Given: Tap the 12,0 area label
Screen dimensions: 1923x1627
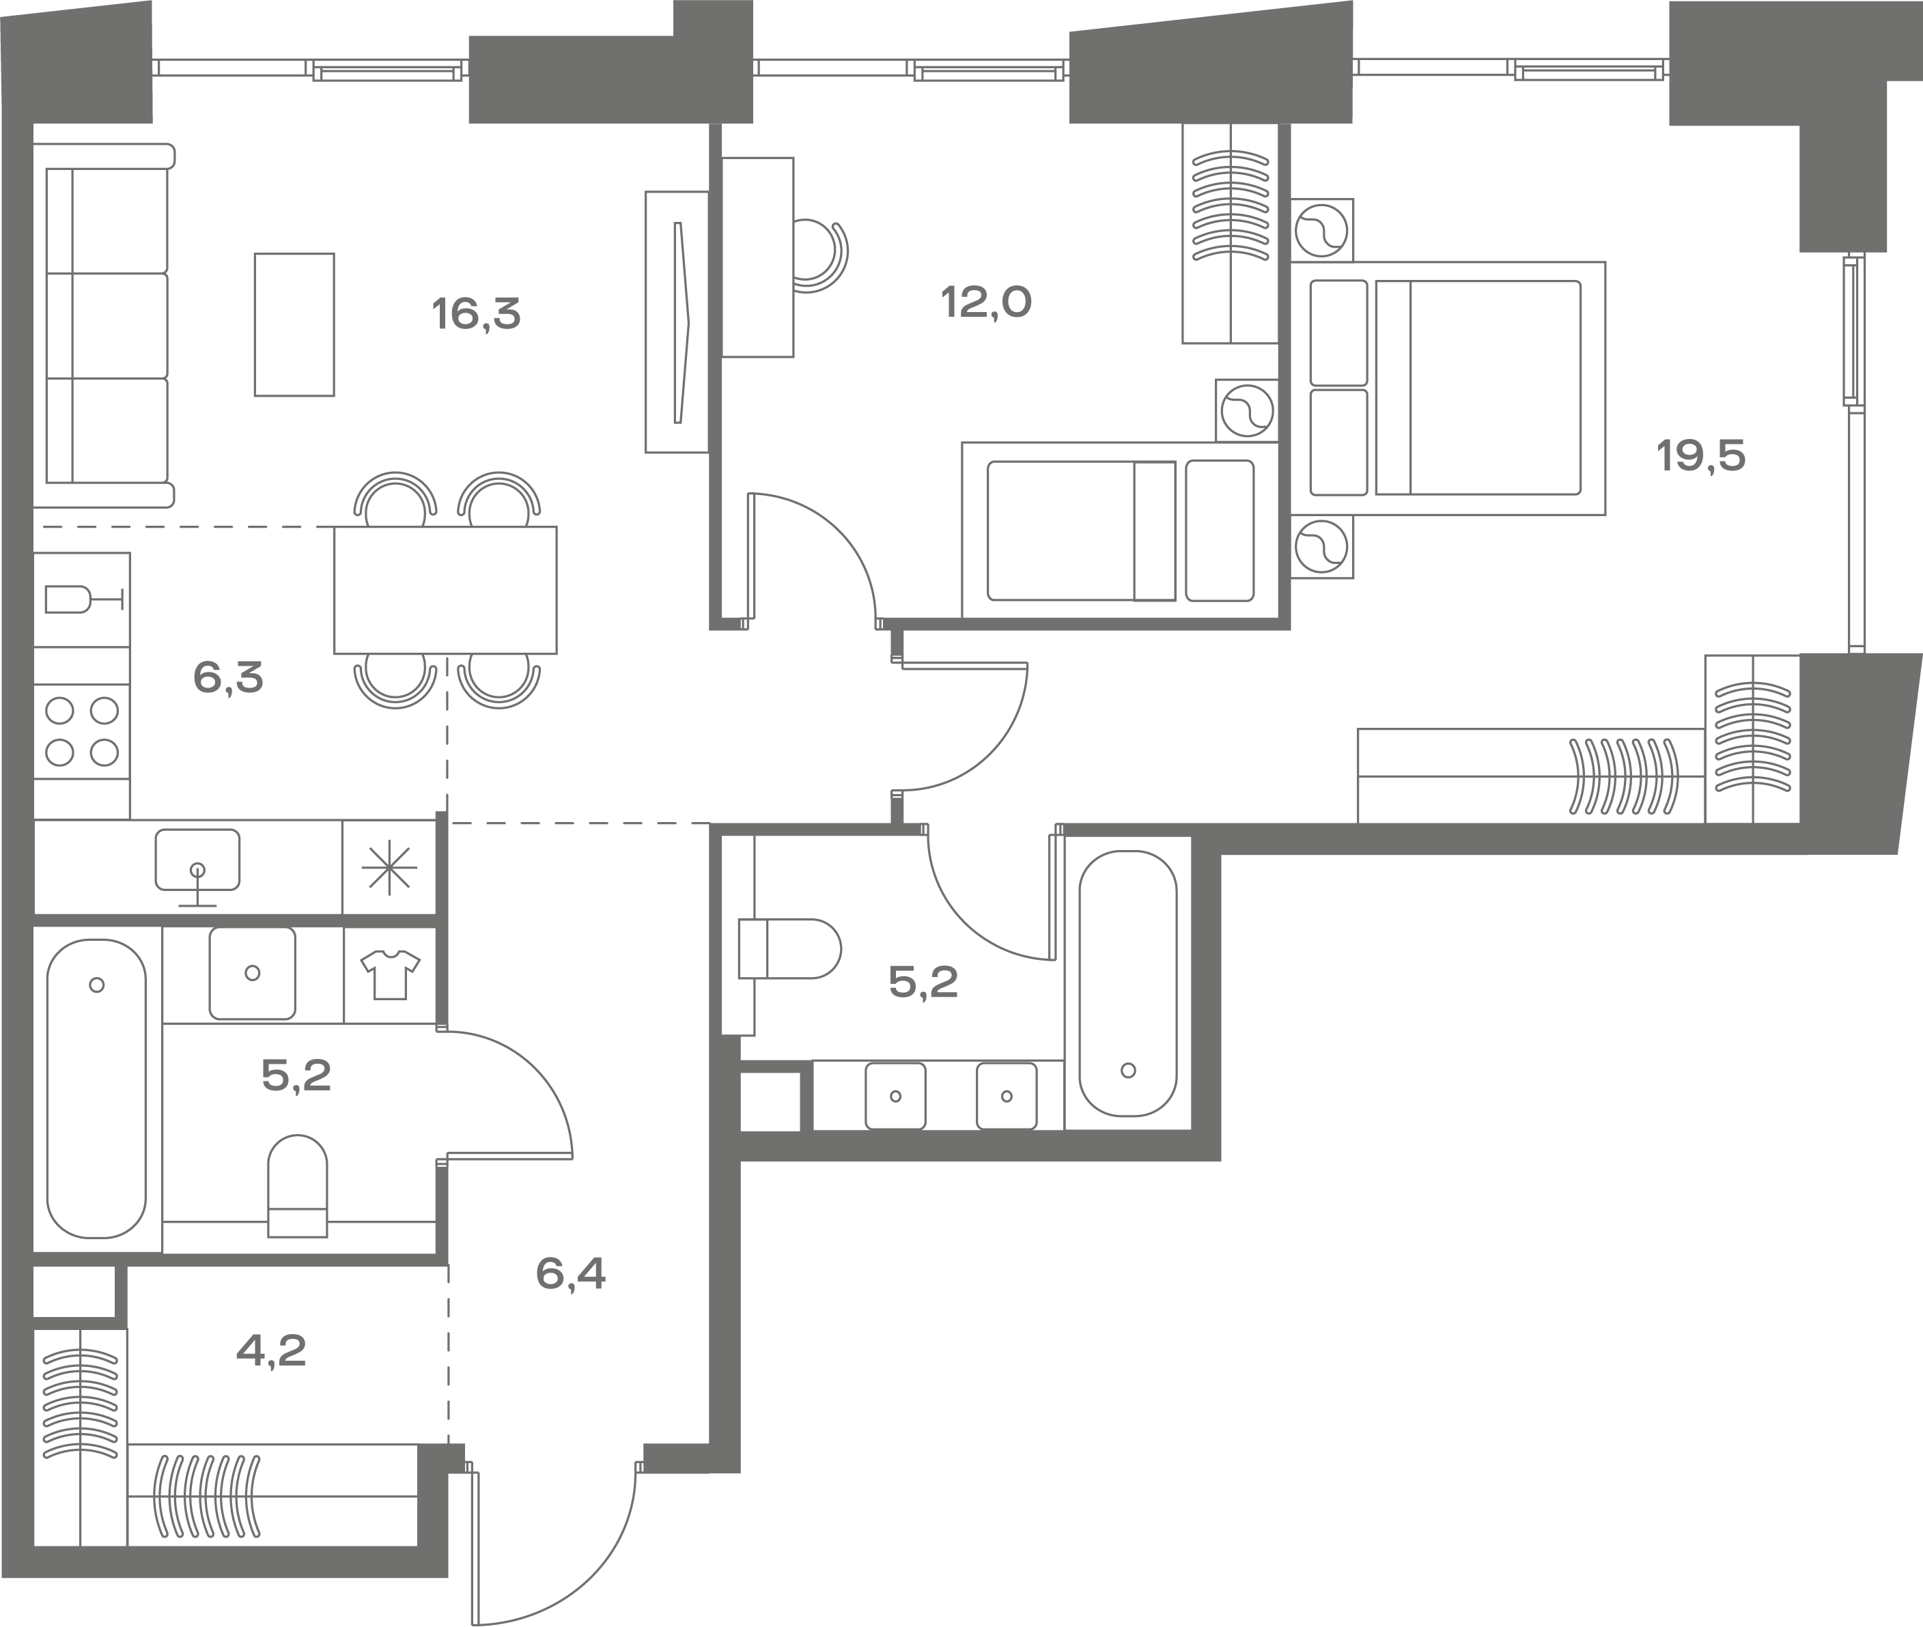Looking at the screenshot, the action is [986, 302].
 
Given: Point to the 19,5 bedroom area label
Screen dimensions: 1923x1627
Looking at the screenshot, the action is [1701, 455].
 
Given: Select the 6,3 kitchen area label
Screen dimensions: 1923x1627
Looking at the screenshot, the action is [228, 678].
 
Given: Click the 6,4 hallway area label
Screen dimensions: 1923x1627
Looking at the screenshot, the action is [570, 1274].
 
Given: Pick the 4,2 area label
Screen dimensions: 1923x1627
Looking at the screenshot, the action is [271, 1351].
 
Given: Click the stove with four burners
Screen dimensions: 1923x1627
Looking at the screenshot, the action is [82, 731].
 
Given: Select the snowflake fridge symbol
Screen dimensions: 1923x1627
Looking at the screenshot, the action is [389, 867].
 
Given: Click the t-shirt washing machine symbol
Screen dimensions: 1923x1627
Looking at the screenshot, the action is [390, 975].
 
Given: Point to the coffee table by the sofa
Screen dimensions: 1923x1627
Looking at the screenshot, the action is [294, 325].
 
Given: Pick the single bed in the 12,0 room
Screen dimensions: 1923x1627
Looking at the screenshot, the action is [1121, 530].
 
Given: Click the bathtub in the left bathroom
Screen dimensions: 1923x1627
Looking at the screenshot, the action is [97, 1088].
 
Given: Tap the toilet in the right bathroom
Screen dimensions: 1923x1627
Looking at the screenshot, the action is [789, 948].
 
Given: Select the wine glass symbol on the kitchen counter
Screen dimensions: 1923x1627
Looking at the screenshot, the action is [83, 599].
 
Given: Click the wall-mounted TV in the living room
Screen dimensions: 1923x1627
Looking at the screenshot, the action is [677, 322].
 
